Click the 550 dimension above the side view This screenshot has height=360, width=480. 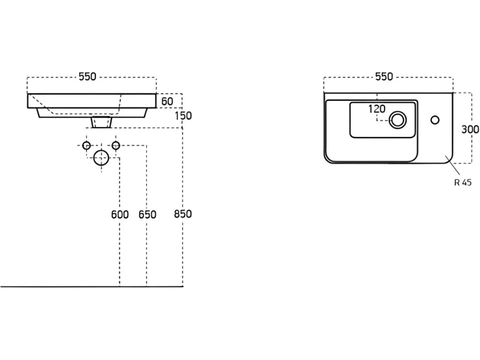tap(88, 77)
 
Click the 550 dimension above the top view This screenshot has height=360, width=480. tap(384, 77)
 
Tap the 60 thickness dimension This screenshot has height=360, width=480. tap(167, 101)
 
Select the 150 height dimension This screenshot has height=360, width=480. tap(183, 116)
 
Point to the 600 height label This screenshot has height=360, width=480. tap(120, 215)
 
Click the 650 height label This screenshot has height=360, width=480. tap(147, 215)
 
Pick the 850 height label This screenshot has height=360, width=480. tap(183, 214)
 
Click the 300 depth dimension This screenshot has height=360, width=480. tap(470, 130)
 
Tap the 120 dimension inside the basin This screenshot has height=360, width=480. tap(377, 109)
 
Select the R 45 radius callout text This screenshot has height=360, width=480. tap(463, 182)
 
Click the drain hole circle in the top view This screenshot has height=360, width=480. tap(398, 120)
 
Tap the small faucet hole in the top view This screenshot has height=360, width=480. tap(435, 120)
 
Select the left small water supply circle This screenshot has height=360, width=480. tap(87, 145)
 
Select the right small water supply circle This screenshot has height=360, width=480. tap(116, 145)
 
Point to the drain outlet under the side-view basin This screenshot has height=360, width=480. tap(101, 122)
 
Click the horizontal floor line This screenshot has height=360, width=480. tap(92, 287)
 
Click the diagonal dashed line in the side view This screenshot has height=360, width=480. tap(42, 104)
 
